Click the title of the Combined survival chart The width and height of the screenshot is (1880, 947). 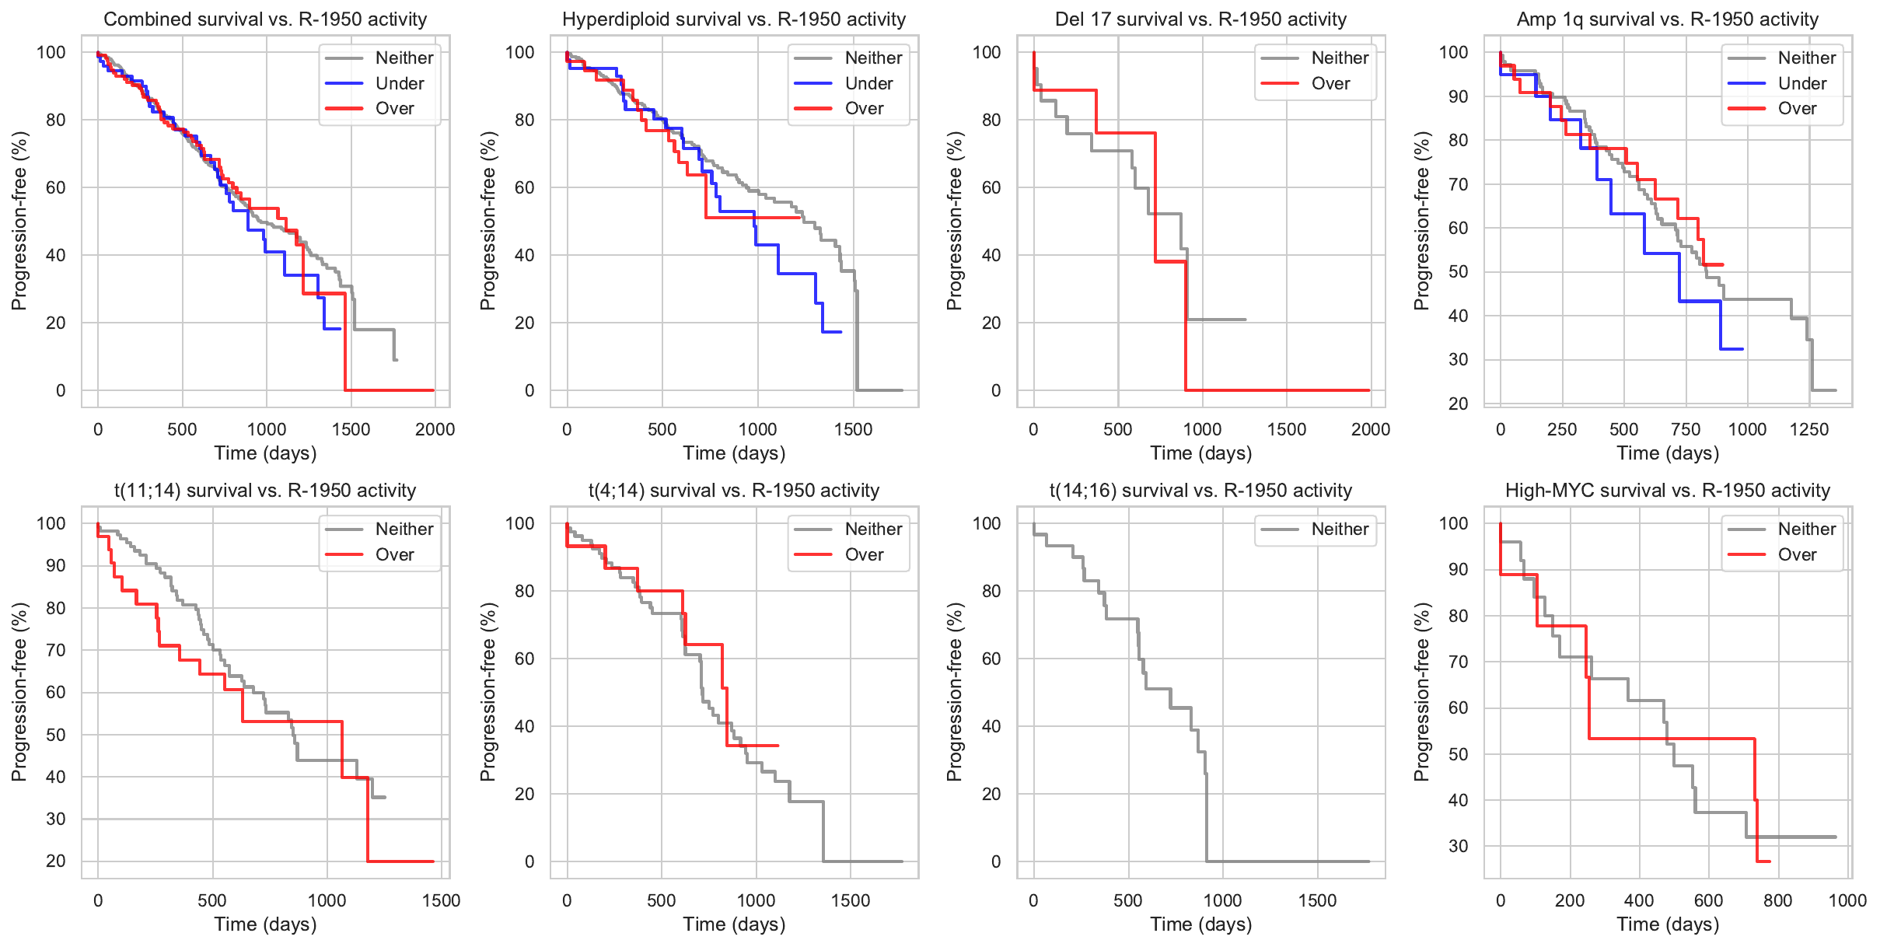tap(265, 19)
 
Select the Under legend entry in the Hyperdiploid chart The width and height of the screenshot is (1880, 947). tap(868, 83)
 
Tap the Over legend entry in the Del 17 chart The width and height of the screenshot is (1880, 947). tap(1330, 83)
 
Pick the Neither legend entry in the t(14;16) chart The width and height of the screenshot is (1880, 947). tap(1339, 529)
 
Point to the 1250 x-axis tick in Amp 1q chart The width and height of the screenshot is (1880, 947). tap(1809, 429)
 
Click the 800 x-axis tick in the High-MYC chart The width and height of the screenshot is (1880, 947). tap(1777, 900)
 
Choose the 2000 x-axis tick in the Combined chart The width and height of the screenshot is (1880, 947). tap(435, 429)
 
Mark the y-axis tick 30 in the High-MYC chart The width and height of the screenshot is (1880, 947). tap(1458, 846)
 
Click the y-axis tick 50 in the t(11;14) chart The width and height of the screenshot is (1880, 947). tap(55, 735)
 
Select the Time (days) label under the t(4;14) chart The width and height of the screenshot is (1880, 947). tap(734, 924)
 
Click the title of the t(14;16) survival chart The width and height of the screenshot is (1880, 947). tap(1200, 491)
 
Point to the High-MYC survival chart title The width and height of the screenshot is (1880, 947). tap(1667, 491)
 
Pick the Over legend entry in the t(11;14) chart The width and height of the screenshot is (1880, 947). tap(394, 554)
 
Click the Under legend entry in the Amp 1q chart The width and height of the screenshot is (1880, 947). tap(1801, 83)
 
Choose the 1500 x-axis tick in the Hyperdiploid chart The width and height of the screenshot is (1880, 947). tap(853, 429)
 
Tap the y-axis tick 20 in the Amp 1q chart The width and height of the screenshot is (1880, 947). tap(1458, 404)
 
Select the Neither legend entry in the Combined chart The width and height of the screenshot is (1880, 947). tap(404, 58)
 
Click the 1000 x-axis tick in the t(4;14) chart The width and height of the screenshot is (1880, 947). tap(756, 900)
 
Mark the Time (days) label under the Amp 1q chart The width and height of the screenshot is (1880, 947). tap(1667, 453)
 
